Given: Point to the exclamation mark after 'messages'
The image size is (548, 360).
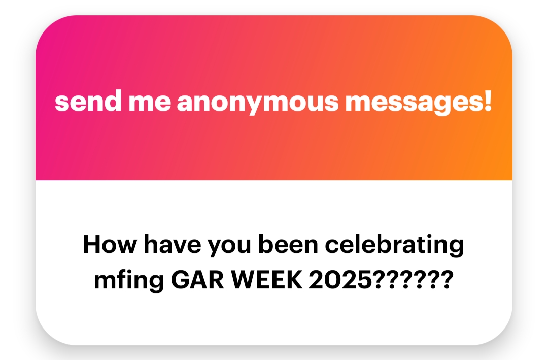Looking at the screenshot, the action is click(488, 101).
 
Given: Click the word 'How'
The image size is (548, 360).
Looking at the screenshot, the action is click(110, 244).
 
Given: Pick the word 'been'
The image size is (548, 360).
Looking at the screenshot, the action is click(288, 244).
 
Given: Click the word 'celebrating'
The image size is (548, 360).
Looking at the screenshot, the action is click(394, 245).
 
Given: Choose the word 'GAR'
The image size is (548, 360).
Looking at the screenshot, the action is click(197, 280).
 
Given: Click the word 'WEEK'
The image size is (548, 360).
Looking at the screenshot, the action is click(267, 280).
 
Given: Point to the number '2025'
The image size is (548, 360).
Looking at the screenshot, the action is click(340, 280).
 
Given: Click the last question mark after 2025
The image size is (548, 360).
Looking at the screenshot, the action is click(447, 280).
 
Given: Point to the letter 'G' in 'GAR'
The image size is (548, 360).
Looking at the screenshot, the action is click(181, 280).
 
